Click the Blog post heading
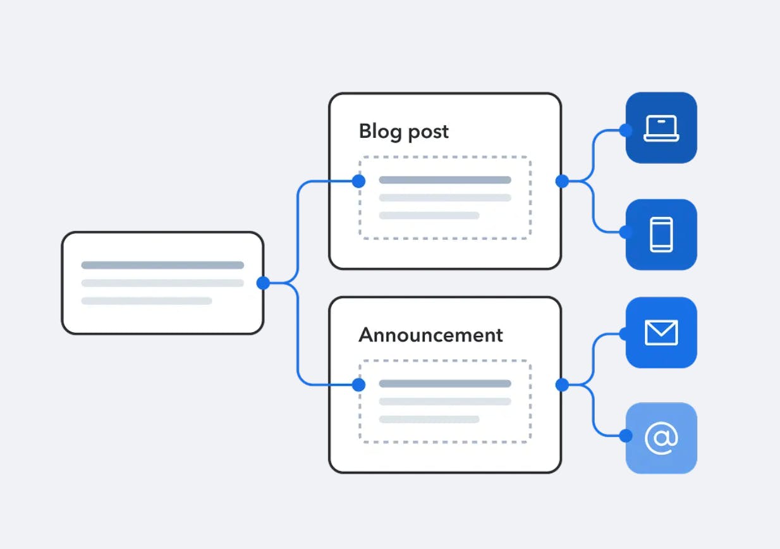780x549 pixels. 403,132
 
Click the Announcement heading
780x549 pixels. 430,335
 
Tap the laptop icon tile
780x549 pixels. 661,128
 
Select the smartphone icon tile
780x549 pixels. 661,235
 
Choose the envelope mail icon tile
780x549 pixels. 661,333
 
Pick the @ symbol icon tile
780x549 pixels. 661,438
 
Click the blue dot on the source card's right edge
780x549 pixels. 263,283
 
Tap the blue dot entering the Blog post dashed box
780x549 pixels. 358,182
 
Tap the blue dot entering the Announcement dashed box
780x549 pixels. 358,385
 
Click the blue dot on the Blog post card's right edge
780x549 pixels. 561,182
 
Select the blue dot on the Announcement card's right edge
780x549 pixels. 561,385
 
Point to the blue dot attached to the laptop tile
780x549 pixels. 626,130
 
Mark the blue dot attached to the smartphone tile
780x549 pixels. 626,232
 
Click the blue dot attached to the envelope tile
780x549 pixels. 626,334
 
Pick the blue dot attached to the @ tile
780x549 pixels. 626,436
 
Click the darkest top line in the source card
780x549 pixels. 162,265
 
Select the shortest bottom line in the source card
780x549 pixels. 147,301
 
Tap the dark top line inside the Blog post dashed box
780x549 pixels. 445,180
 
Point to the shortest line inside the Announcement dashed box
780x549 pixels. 429,419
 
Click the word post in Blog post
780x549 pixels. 428,132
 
